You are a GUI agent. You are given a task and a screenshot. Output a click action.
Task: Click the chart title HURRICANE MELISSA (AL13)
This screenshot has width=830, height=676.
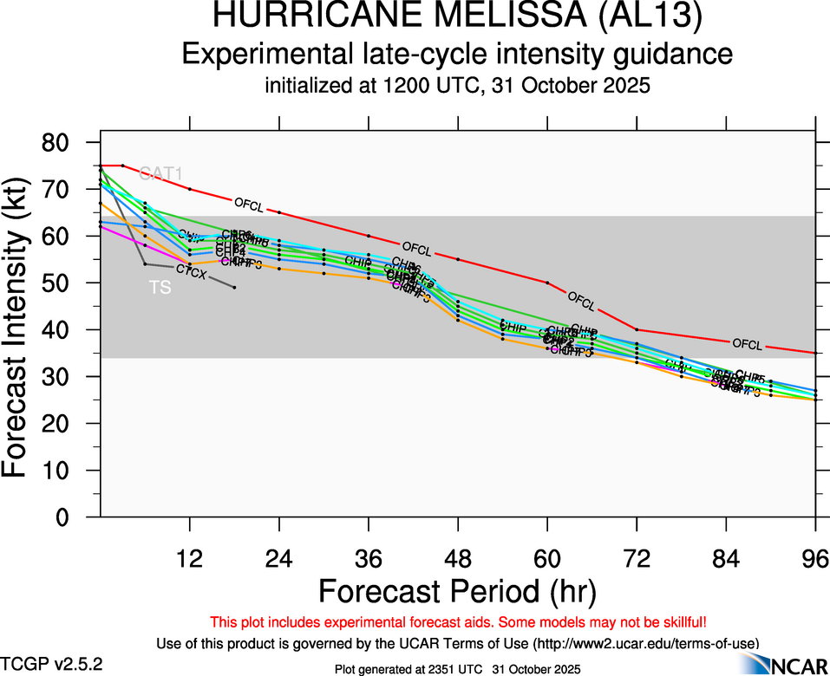pos(458,17)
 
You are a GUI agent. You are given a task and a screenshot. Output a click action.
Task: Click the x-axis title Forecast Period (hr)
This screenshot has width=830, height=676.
pos(458,591)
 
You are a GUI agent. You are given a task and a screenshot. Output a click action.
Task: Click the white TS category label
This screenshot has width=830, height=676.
pos(160,288)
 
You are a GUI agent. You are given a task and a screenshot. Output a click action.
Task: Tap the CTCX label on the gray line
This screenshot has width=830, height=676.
pos(191,272)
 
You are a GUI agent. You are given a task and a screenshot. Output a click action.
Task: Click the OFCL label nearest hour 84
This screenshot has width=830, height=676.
pos(747,345)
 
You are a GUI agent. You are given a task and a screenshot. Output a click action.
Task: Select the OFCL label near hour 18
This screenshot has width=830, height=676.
pos(248,204)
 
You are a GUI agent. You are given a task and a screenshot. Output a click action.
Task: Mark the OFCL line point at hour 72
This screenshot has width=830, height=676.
pos(637,330)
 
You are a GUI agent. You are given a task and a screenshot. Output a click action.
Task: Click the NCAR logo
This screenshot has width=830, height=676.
pos(791,664)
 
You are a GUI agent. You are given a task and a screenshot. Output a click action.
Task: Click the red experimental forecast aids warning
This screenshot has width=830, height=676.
pos(458,622)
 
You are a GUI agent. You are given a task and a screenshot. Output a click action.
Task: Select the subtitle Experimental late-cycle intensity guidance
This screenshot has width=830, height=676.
pos(458,55)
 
